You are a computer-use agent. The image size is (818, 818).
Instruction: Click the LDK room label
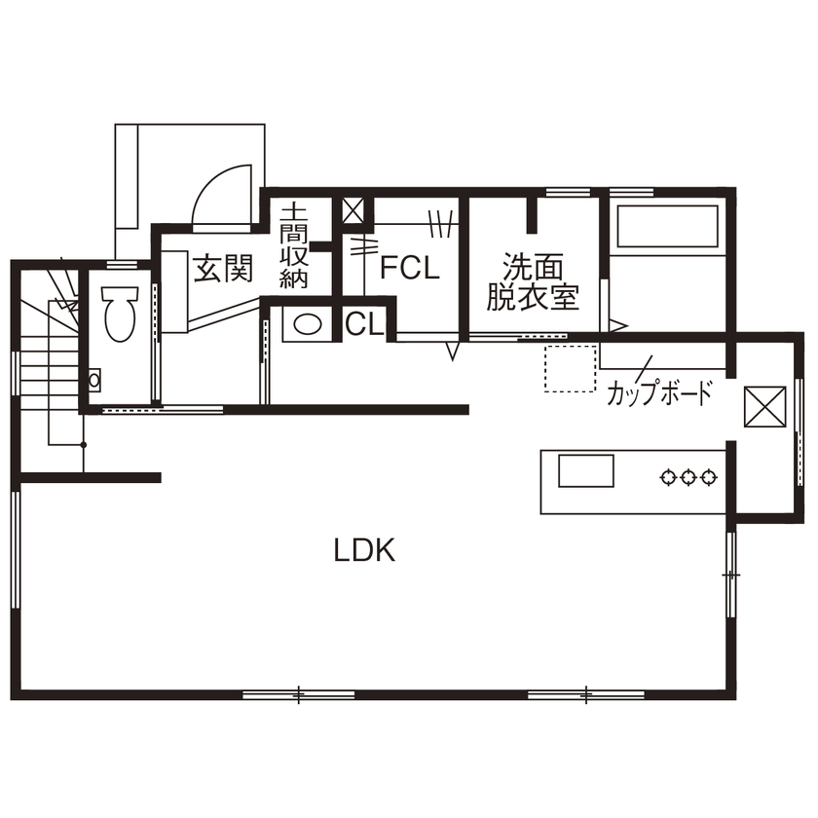pos(364,551)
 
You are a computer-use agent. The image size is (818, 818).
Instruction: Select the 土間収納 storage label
pos(294,245)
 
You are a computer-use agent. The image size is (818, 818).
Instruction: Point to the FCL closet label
pos(410,268)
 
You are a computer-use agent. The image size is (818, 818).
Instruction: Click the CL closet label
pos(364,325)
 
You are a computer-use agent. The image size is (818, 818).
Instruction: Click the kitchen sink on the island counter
pos(585,471)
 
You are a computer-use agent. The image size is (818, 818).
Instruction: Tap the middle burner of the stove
pos(688,477)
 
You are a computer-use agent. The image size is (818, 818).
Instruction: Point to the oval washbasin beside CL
pos(308,324)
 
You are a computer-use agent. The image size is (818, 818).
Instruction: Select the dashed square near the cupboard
pos(570,369)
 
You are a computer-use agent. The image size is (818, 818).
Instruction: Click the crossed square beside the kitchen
pos(764,406)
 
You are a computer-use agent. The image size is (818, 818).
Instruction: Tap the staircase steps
pos(44,370)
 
